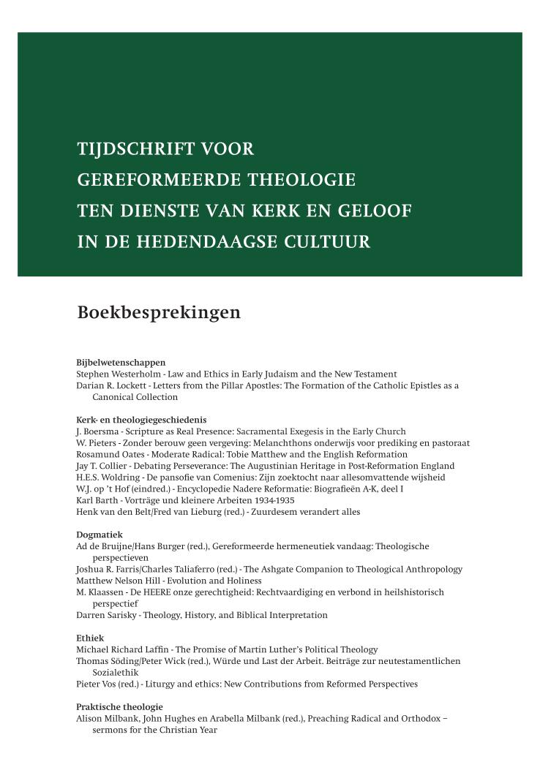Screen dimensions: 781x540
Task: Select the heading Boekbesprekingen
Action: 159,313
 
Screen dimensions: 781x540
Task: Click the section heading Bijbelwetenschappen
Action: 121,362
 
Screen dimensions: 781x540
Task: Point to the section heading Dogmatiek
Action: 99,535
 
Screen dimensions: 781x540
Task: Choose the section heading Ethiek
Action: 90,638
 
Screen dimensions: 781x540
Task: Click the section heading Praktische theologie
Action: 119,707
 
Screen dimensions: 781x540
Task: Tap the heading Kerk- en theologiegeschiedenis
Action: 141,420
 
